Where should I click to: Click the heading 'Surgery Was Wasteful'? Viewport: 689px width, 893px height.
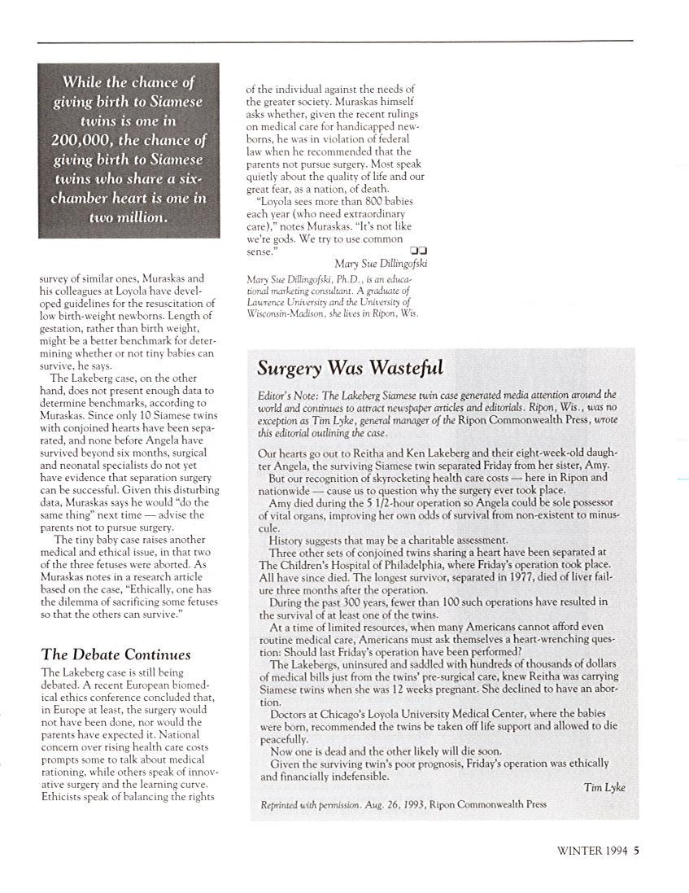pyautogui.click(x=350, y=368)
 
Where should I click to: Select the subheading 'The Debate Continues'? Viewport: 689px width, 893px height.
pyautogui.click(x=116, y=654)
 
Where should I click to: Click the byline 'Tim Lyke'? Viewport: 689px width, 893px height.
pyautogui.click(x=604, y=787)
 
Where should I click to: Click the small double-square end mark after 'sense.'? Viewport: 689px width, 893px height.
pyautogui.click(x=420, y=251)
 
